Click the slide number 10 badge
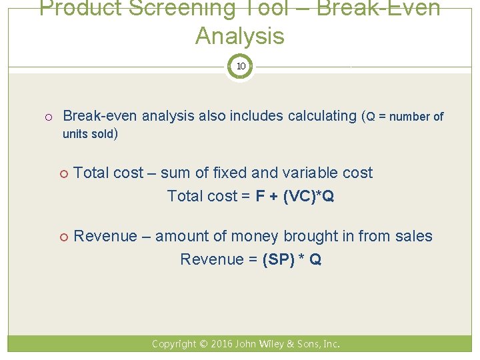[240, 67]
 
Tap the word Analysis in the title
[240, 36]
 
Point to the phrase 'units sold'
[89, 134]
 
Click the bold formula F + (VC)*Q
[294, 196]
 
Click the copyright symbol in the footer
[203, 344]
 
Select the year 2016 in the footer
[223, 344]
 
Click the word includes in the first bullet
[256, 116]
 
